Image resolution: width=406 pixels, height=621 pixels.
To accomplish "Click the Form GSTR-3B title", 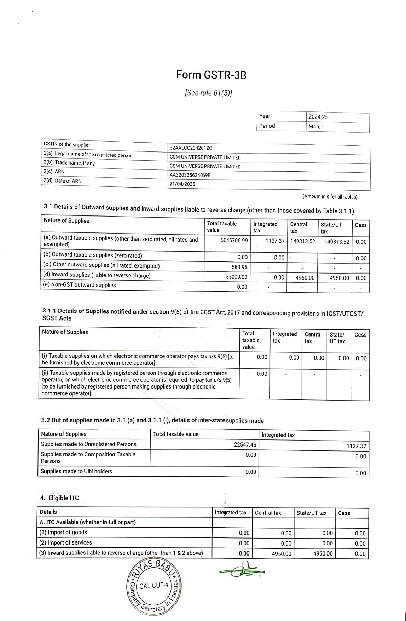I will (x=211, y=75).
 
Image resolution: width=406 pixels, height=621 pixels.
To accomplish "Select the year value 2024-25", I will (x=318, y=117).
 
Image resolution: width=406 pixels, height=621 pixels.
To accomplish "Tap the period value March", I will (x=316, y=127).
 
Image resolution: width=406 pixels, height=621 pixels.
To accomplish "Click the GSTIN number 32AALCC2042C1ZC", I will (x=191, y=148).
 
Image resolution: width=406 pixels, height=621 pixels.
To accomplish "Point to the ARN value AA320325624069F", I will (x=190, y=175).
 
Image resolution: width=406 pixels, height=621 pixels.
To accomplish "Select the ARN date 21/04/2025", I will (x=182, y=184).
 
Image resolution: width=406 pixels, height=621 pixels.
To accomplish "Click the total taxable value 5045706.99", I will (x=234, y=241).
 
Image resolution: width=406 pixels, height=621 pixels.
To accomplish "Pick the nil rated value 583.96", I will (x=239, y=267).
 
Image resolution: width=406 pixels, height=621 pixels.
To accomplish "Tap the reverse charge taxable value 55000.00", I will (x=237, y=277).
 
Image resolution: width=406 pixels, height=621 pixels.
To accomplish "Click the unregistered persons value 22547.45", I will (x=245, y=444).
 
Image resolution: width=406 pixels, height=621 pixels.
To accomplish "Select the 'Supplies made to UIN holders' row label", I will (x=76, y=471).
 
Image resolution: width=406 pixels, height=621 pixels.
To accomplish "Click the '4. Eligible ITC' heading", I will (x=59, y=498).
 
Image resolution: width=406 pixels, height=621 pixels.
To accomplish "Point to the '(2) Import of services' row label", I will (x=65, y=542).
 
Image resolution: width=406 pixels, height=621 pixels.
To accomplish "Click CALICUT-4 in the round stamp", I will (x=153, y=586).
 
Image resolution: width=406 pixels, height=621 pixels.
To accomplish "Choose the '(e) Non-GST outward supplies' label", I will (x=80, y=285).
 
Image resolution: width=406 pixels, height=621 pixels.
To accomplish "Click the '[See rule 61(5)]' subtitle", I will (x=209, y=93).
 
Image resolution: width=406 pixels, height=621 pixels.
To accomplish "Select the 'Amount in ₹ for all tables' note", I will (x=330, y=197).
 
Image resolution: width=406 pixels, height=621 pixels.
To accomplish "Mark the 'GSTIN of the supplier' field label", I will (x=67, y=144).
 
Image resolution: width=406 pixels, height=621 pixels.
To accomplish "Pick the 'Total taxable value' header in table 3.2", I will (x=176, y=434).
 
